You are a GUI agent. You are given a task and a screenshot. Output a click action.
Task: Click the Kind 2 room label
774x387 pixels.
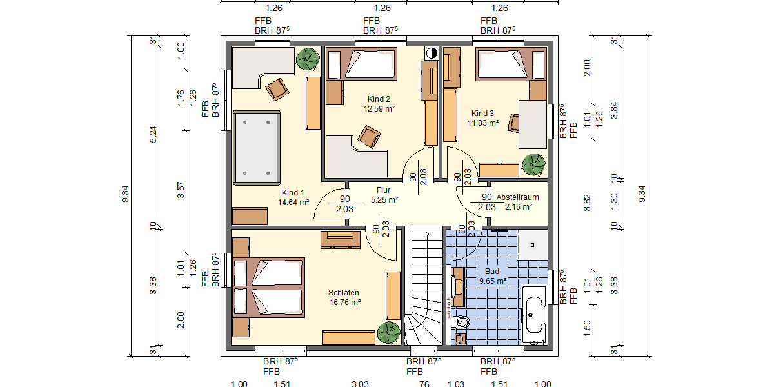pyautogui.click(x=379, y=99)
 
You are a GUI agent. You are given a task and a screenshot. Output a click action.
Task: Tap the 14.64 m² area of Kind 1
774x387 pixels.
pyautogui.click(x=293, y=202)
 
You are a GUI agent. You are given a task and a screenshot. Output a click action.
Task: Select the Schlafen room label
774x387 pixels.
pyautogui.click(x=344, y=292)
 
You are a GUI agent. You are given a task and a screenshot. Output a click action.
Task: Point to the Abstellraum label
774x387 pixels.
pyautogui.click(x=517, y=197)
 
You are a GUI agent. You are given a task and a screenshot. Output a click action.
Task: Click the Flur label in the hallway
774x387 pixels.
pyautogui.click(x=384, y=190)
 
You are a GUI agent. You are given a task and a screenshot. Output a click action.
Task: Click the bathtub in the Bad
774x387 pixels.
pyautogui.click(x=532, y=316)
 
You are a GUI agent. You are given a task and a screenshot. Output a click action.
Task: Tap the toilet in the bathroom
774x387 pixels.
pyautogui.click(x=462, y=322)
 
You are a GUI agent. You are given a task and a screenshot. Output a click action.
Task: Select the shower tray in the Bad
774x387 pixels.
pyautogui.click(x=533, y=245)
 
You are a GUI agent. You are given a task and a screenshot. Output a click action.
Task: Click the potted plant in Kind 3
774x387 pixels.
pyautogui.click(x=533, y=164)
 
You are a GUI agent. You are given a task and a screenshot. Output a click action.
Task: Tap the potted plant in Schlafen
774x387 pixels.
pyautogui.click(x=388, y=332)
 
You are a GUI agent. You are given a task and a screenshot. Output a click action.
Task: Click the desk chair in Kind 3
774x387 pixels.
pyautogui.click(x=514, y=123)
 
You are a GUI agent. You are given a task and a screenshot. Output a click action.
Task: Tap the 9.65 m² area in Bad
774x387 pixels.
pyautogui.click(x=492, y=281)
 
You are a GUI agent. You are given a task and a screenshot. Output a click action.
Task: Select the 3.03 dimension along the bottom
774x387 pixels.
pyautogui.click(x=360, y=384)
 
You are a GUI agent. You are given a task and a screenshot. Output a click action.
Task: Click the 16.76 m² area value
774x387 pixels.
pyautogui.click(x=344, y=301)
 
